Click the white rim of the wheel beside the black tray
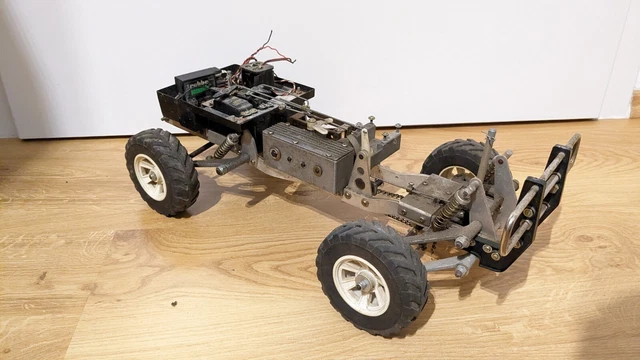(150, 176)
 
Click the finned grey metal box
(308, 156)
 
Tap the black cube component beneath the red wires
(258, 73)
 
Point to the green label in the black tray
(201, 91)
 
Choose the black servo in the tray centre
(236, 103)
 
